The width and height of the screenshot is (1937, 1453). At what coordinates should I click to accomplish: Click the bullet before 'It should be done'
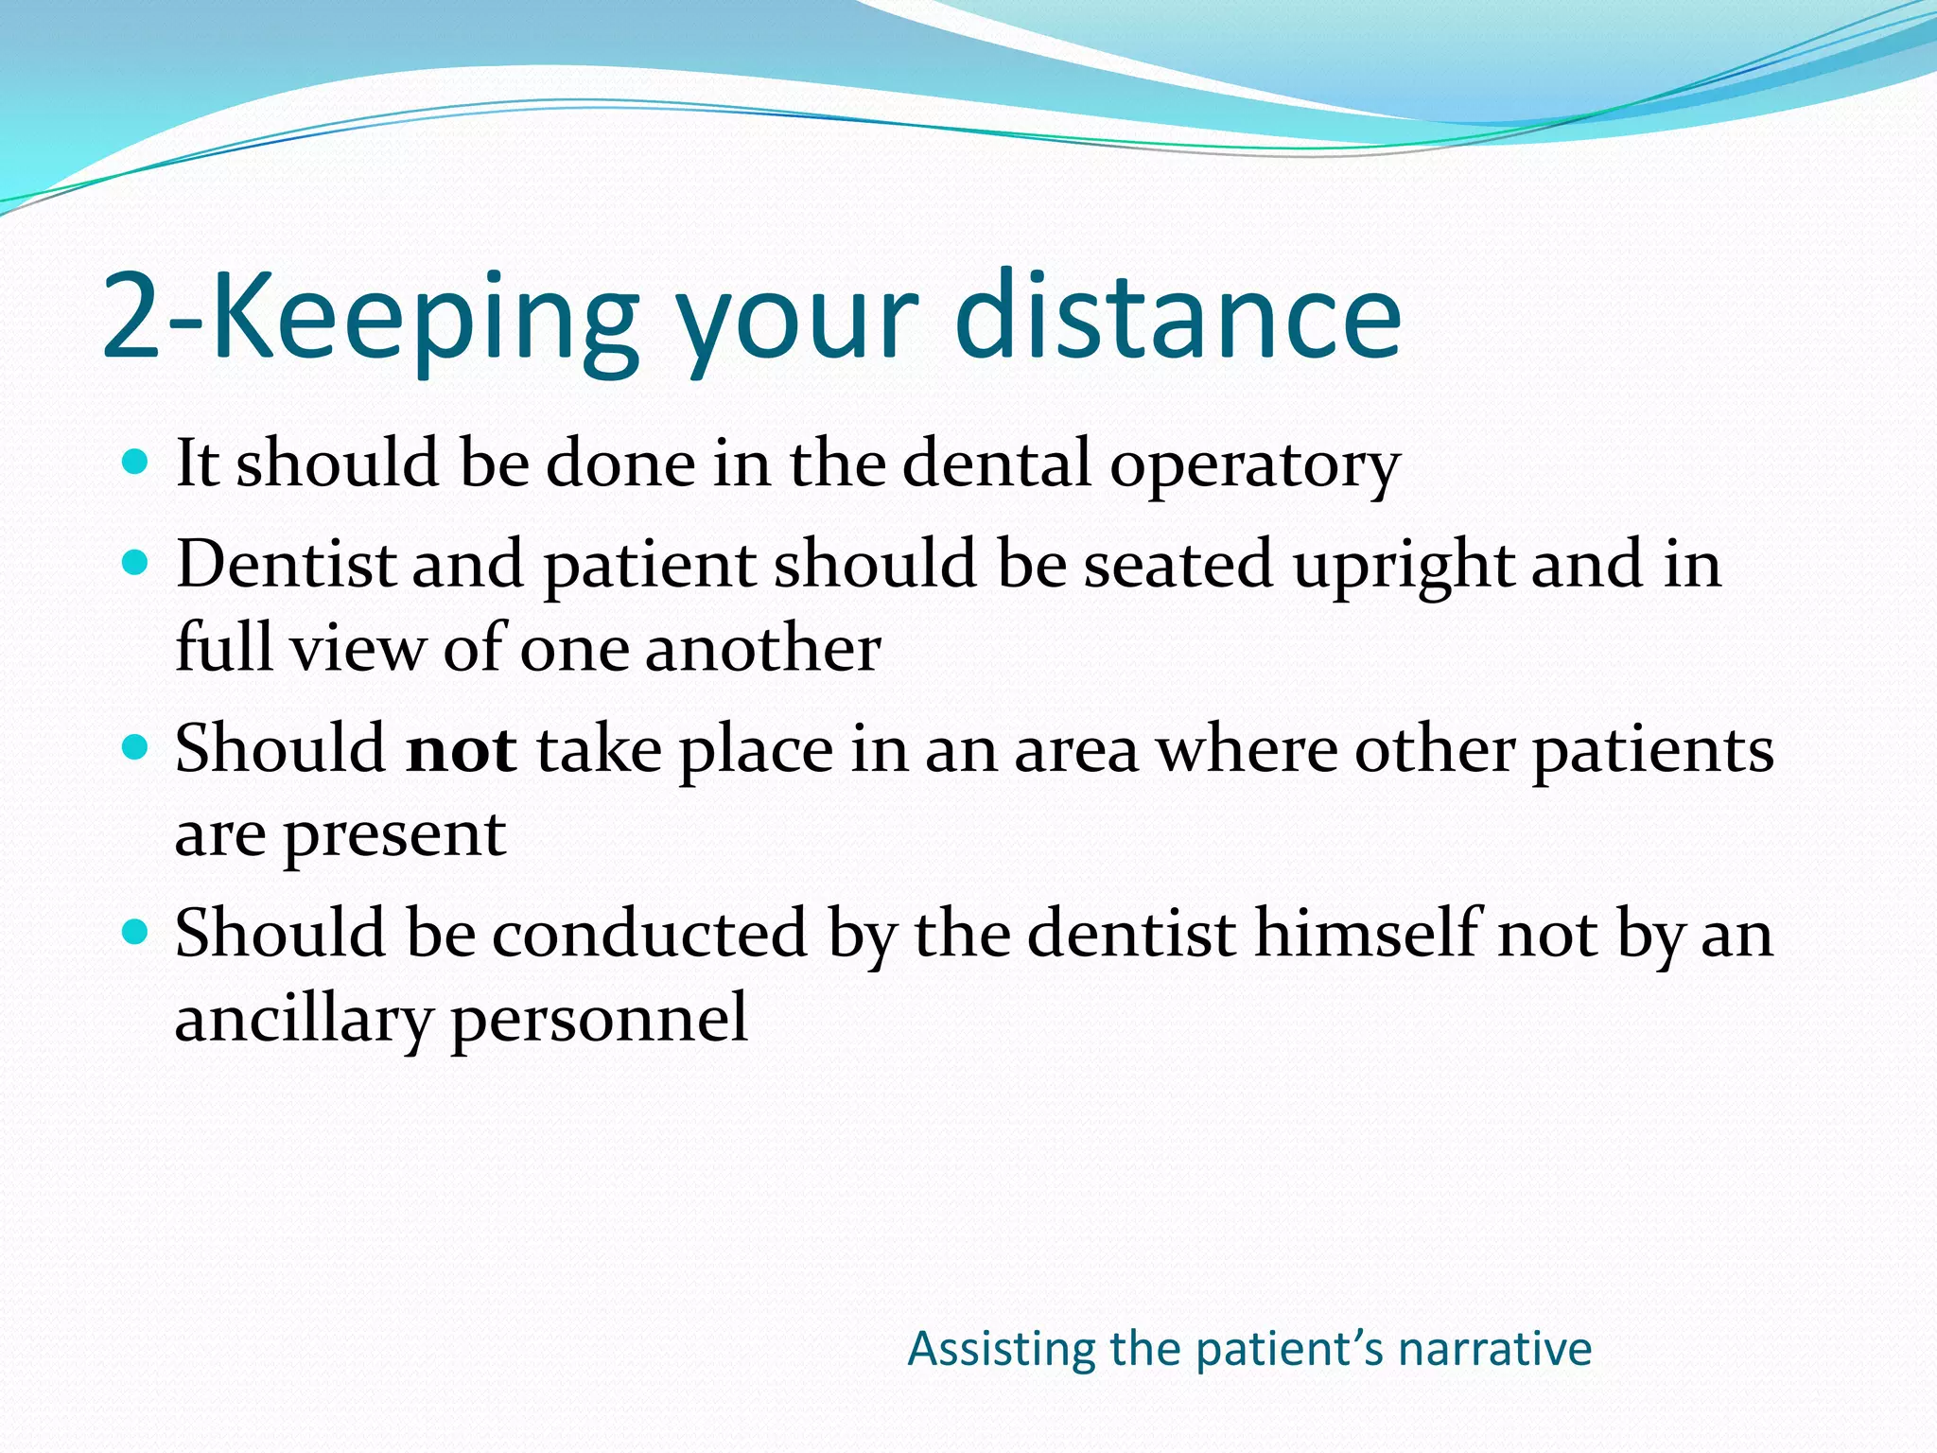pos(136,462)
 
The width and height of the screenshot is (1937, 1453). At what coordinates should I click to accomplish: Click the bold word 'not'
pos(461,749)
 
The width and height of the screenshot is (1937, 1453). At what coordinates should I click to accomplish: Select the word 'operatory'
pos(1254,465)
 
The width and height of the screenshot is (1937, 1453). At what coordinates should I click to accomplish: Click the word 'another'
pos(762,649)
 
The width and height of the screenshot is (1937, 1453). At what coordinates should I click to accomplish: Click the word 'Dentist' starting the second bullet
pos(286,564)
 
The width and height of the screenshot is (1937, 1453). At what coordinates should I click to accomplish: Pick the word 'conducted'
pos(649,934)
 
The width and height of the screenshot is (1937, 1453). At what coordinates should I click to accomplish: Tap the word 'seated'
pos(1178,564)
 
